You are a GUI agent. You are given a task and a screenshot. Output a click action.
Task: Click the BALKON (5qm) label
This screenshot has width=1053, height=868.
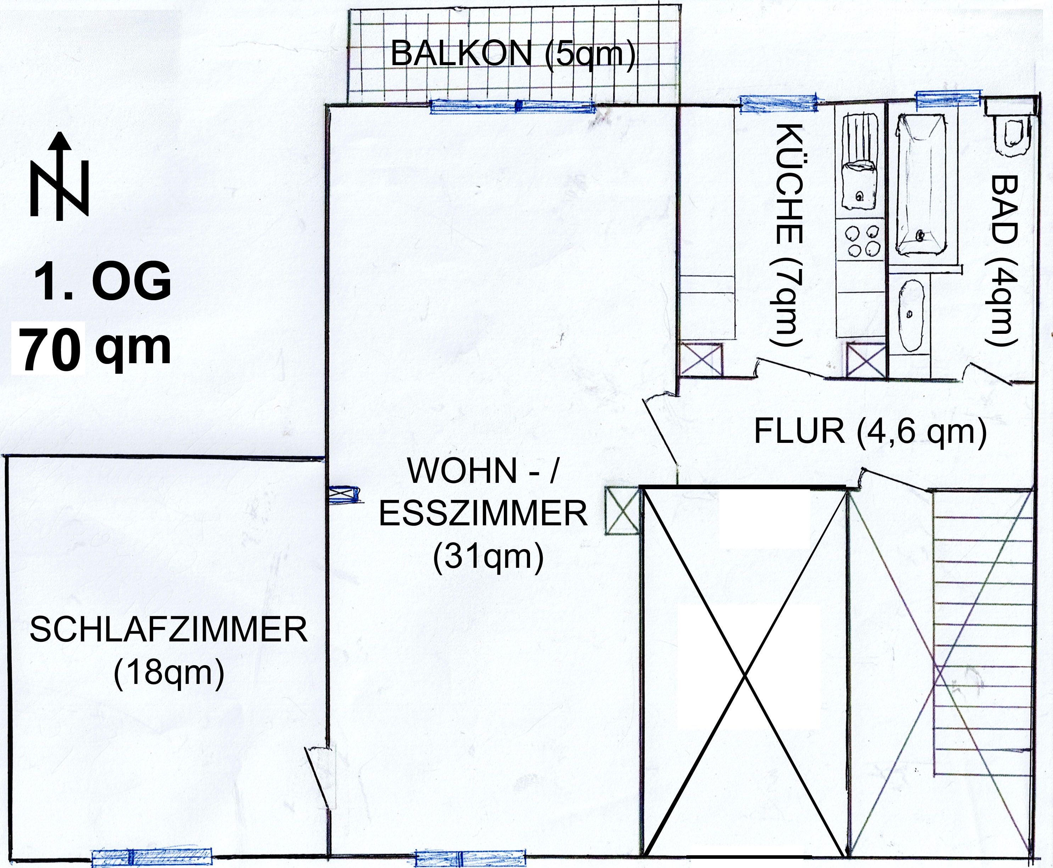513,54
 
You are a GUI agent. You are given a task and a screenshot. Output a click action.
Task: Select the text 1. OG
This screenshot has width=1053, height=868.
103,282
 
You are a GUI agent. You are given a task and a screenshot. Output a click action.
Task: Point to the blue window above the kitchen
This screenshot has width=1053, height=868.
779,103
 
